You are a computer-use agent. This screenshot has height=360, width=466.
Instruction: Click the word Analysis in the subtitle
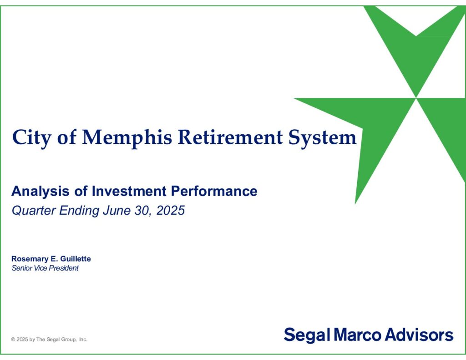[x=41, y=191]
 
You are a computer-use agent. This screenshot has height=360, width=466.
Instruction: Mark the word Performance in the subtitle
[x=214, y=191]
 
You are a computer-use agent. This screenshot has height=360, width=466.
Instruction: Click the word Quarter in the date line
[x=34, y=210]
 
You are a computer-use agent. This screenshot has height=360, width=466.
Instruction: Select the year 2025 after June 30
[x=170, y=210]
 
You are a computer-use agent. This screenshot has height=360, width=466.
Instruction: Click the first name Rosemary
[x=30, y=259]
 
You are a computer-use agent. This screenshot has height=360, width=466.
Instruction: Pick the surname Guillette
[x=76, y=259]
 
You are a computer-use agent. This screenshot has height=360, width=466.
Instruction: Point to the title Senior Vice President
[x=45, y=268]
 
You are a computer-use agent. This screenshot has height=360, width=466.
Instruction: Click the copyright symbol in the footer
[x=13, y=340]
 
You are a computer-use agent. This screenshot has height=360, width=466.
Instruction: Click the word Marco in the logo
[x=357, y=335]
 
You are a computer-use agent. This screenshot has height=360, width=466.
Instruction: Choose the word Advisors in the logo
[x=419, y=335]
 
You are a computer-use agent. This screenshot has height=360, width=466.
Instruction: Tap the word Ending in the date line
[x=79, y=211]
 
